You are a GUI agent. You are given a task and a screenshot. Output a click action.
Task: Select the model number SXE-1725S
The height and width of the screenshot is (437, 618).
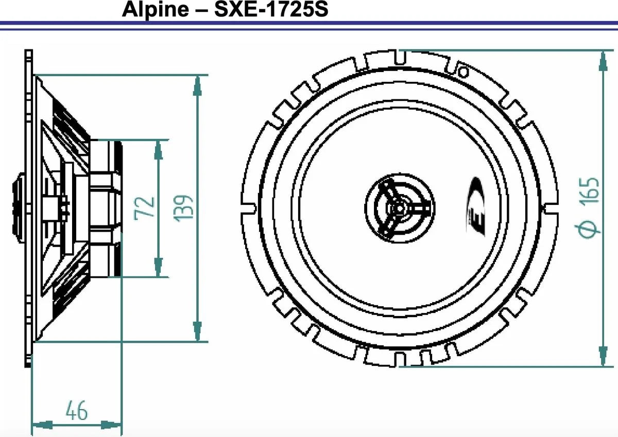pyautogui.click(x=271, y=10)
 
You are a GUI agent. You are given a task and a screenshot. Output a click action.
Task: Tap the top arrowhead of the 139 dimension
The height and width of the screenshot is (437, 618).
pyautogui.click(x=197, y=85)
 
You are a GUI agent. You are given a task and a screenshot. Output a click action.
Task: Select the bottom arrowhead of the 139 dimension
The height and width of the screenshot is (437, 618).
pyautogui.click(x=197, y=331)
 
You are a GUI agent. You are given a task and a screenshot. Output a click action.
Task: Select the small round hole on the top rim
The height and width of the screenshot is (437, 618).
pyautogui.click(x=462, y=71)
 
